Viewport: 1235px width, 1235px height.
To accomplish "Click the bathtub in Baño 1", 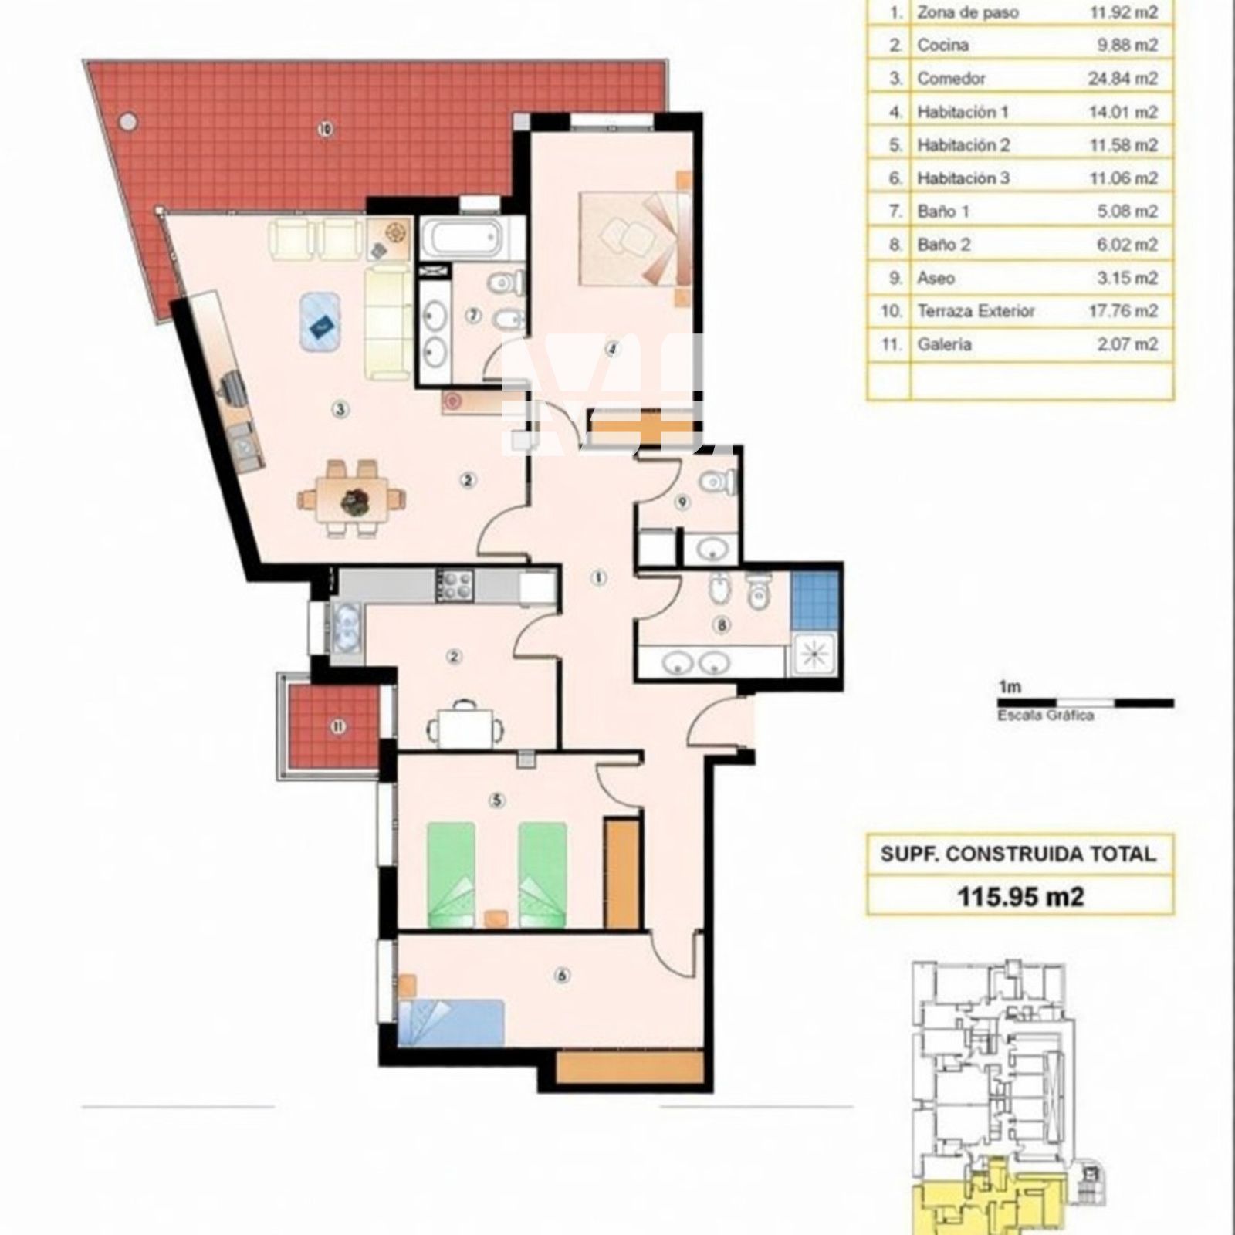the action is (x=463, y=239).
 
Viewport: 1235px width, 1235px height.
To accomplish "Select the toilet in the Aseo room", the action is (x=716, y=482).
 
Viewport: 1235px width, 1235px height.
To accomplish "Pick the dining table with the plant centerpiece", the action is (x=354, y=499).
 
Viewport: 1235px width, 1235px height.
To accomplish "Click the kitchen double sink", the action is (x=345, y=625).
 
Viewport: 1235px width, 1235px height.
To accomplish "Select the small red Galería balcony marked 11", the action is (x=332, y=726).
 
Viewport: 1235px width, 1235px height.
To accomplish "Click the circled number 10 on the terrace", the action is (x=325, y=130).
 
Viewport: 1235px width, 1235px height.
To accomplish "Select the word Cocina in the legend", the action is (x=942, y=46).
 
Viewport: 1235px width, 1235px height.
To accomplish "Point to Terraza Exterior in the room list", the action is (x=976, y=311).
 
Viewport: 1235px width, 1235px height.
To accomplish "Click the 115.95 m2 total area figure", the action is (x=1020, y=896).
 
